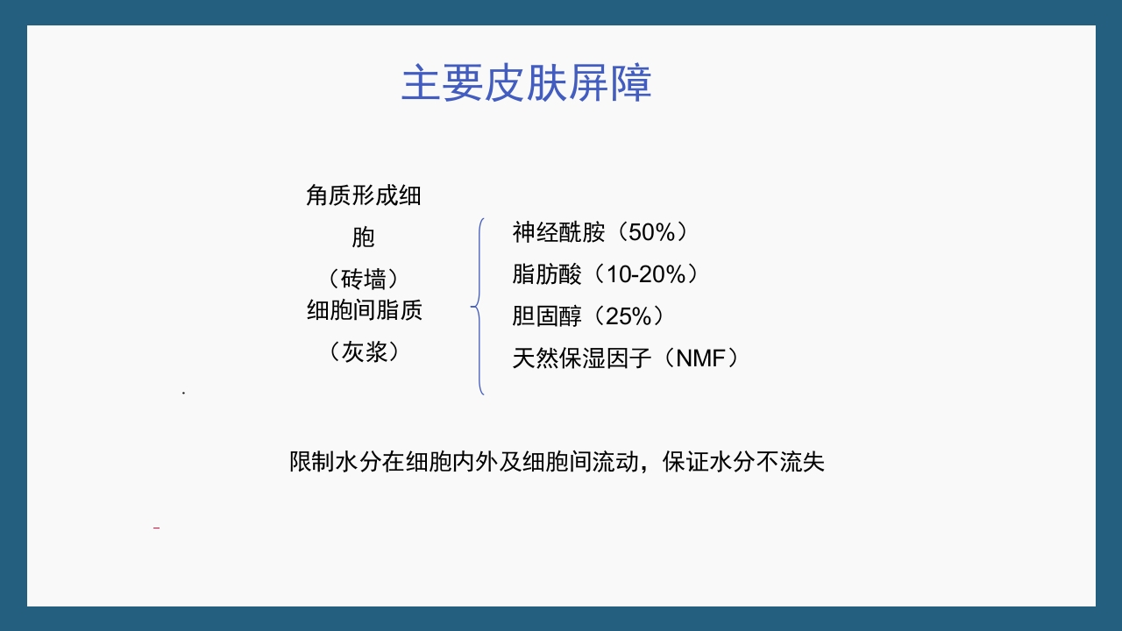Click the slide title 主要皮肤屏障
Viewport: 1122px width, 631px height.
tap(526, 84)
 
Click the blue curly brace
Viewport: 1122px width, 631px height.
tap(479, 306)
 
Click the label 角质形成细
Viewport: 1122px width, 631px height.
tap(364, 195)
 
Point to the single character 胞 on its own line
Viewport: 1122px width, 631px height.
tap(364, 238)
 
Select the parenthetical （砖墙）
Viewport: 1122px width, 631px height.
tap(364, 280)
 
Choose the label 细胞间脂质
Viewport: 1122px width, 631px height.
tap(364, 310)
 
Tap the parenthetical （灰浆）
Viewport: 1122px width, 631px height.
tap(364, 352)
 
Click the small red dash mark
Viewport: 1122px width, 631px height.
tap(156, 528)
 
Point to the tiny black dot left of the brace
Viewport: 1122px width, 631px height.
tap(183, 393)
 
